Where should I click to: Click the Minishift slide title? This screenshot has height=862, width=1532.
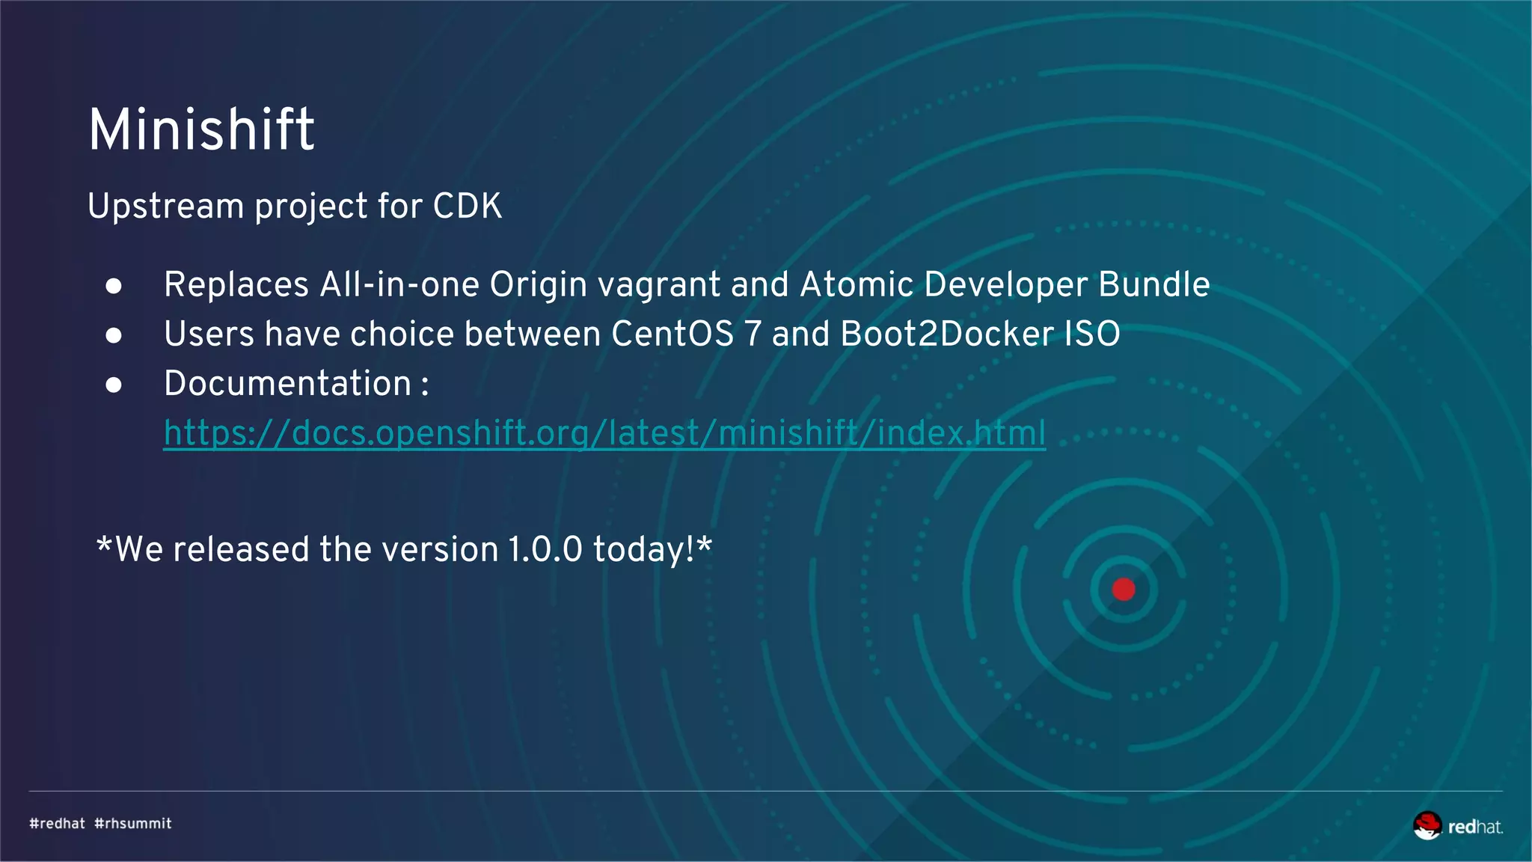pyautogui.click(x=201, y=129)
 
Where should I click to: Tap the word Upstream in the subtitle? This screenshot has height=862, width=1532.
pyautogui.click(x=165, y=207)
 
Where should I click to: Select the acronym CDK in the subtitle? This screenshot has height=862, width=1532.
pyautogui.click(x=468, y=207)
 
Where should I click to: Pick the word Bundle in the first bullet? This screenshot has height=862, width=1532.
pyautogui.click(x=1153, y=284)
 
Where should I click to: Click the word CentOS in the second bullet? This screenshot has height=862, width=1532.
pyautogui.click(x=672, y=334)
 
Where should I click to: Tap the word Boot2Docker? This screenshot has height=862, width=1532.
pyautogui.click(x=947, y=334)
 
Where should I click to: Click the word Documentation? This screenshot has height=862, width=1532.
pyautogui.click(x=288, y=383)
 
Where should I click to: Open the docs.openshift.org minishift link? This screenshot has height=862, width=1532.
pyautogui.click(x=604, y=433)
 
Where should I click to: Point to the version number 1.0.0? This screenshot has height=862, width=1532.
pyautogui.click(x=545, y=550)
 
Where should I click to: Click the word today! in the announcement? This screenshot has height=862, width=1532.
pyautogui.click(x=644, y=550)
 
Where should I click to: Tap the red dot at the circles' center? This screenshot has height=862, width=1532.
pyautogui.click(x=1124, y=590)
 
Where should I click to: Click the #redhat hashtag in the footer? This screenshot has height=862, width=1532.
pyautogui.click(x=58, y=824)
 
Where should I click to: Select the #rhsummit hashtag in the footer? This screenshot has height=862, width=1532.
pyautogui.click(x=133, y=824)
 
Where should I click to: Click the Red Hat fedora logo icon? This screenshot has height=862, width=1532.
pyautogui.click(x=1427, y=825)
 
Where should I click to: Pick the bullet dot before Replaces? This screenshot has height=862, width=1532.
pyautogui.click(x=114, y=286)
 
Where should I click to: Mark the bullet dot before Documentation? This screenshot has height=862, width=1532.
pyautogui.click(x=114, y=385)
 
